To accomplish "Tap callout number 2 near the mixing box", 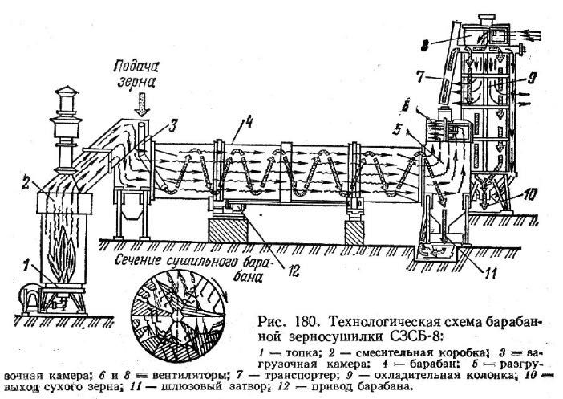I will [26, 183].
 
